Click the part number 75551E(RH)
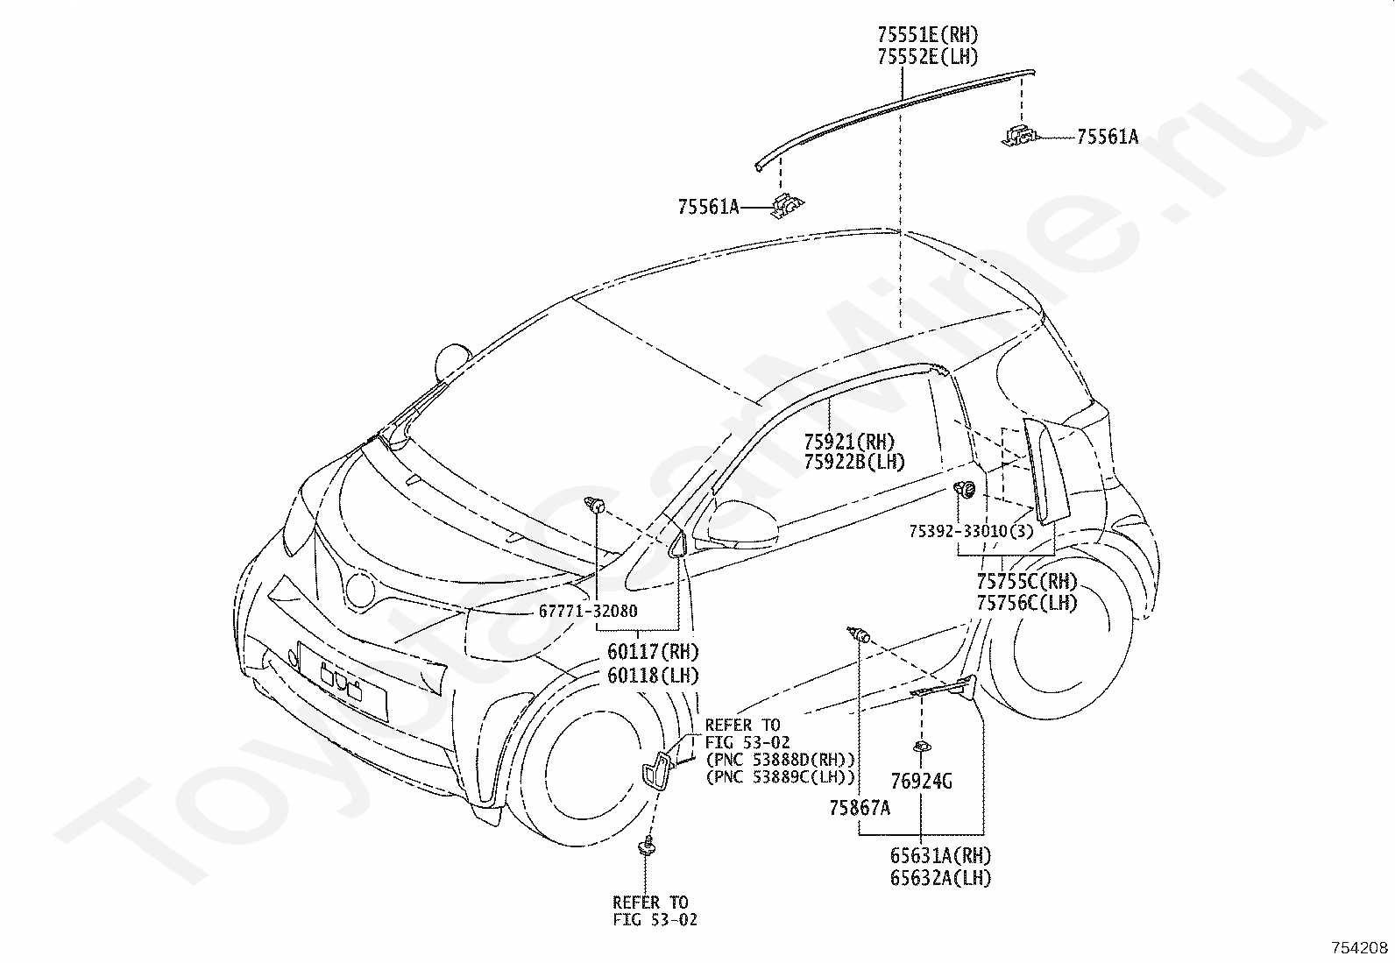pyautogui.click(x=927, y=36)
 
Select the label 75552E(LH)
pyautogui.click(x=927, y=57)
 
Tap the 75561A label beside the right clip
pyautogui.click(x=1107, y=137)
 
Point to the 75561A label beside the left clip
pyautogui.click(x=708, y=208)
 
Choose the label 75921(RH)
pyautogui.click(x=849, y=442)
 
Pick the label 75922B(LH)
pyautogui.click(x=853, y=462)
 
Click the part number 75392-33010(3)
pyautogui.click(x=970, y=531)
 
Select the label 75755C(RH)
pyautogui.click(x=1027, y=582)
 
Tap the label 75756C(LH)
pyautogui.click(x=1027, y=603)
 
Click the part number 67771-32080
pyautogui.click(x=588, y=612)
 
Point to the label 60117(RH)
pyautogui.click(x=653, y=652)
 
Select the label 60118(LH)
pyautogui.click(x=653, y=676)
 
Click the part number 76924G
pyautogui.click(x=921, y=781)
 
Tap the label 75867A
pyautogui.click(x=860, y=808)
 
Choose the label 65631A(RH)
pyautogui.click(x=941, y=855)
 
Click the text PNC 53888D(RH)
pyautogui.click(x=780, y=759)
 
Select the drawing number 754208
pyautogui.click(x=1360, y=948)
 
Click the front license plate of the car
pyautogui.click(x=343, y=680)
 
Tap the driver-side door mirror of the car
pyautogui.click(x=737, y=524)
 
